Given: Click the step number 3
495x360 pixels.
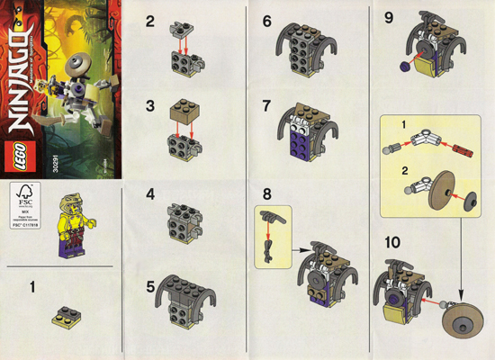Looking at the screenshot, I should coord(152,106).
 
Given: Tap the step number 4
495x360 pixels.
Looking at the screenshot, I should coord(151,195).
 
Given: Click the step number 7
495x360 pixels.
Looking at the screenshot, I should coord(267,107).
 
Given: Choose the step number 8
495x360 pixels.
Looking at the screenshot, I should coord(267,194).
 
